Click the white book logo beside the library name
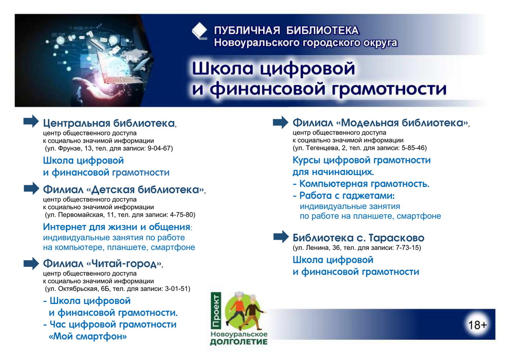click(200, 31)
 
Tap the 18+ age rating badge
click(477, 325)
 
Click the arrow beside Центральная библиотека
click(31, 121)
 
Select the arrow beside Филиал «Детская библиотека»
click(31, 188)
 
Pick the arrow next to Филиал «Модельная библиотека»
click(280, 122)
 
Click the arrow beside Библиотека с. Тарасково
click(281, 237)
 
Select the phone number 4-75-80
click(182, 215)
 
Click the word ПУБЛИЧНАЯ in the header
click(247, 31)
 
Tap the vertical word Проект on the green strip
click(216, 310)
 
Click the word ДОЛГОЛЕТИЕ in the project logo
click(239, 342)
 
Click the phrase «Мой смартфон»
click(88, 336)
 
